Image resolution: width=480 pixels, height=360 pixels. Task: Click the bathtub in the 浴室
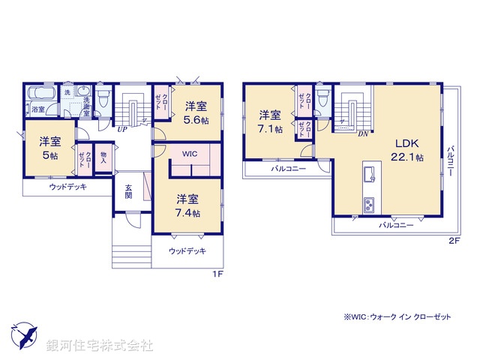[38, 94]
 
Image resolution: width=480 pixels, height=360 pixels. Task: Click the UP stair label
[120, 128]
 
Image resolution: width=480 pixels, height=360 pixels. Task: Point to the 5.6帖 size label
[197, 120]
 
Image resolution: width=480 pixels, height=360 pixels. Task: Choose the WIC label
[188, 154]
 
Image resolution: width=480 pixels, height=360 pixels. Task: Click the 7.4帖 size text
[188, 214]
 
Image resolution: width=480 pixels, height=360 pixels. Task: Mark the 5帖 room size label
[50, 156]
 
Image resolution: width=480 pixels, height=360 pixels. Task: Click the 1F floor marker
[218, 274]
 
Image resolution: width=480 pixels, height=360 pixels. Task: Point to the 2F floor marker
[454, 241]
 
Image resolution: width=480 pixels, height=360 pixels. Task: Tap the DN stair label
[362, 134]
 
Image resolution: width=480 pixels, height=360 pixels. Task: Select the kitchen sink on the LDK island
[369, 175]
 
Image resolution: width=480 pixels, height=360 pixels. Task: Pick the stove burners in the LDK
[369, 204]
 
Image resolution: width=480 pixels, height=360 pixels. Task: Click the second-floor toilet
[323, 97]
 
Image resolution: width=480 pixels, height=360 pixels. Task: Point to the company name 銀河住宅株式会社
[100, 346]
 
